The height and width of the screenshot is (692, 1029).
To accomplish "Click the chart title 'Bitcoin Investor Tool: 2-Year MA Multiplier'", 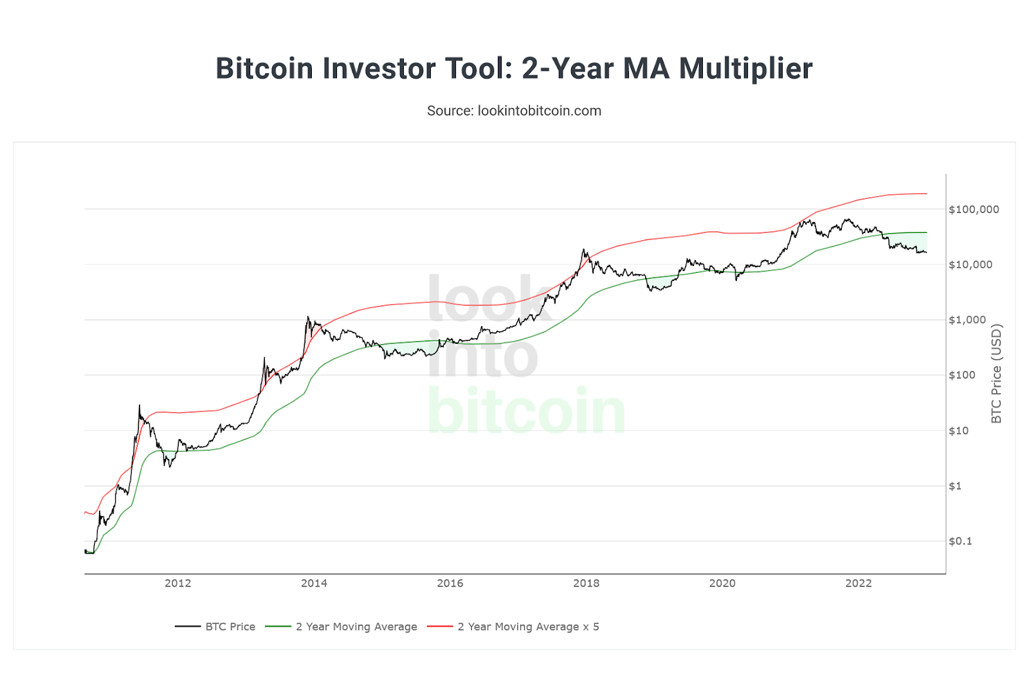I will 514,68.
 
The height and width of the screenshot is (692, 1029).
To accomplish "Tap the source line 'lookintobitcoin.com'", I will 514,111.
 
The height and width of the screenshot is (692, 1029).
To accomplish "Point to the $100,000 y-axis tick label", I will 974,209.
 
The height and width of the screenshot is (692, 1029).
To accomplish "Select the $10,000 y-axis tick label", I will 970,265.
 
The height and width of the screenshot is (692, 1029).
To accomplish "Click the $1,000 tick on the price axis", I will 967,320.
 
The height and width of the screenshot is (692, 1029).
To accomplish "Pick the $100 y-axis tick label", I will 962,375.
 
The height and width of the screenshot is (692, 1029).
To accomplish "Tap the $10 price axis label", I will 958,431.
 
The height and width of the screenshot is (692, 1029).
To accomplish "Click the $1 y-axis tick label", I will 955,486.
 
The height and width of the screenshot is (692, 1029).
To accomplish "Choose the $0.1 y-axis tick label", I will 960,541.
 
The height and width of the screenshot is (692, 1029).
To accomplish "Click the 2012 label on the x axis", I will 178,583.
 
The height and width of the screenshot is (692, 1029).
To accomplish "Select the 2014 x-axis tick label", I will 314,583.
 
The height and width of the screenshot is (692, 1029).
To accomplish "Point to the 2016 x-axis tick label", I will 450,583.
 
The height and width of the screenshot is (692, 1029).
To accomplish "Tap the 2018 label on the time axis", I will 586,583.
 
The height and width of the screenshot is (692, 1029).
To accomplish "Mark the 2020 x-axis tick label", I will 722,583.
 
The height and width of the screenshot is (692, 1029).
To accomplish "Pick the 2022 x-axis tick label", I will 859,583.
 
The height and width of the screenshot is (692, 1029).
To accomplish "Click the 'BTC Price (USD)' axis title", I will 997,373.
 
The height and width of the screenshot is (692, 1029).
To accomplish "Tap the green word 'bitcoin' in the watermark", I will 526,411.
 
